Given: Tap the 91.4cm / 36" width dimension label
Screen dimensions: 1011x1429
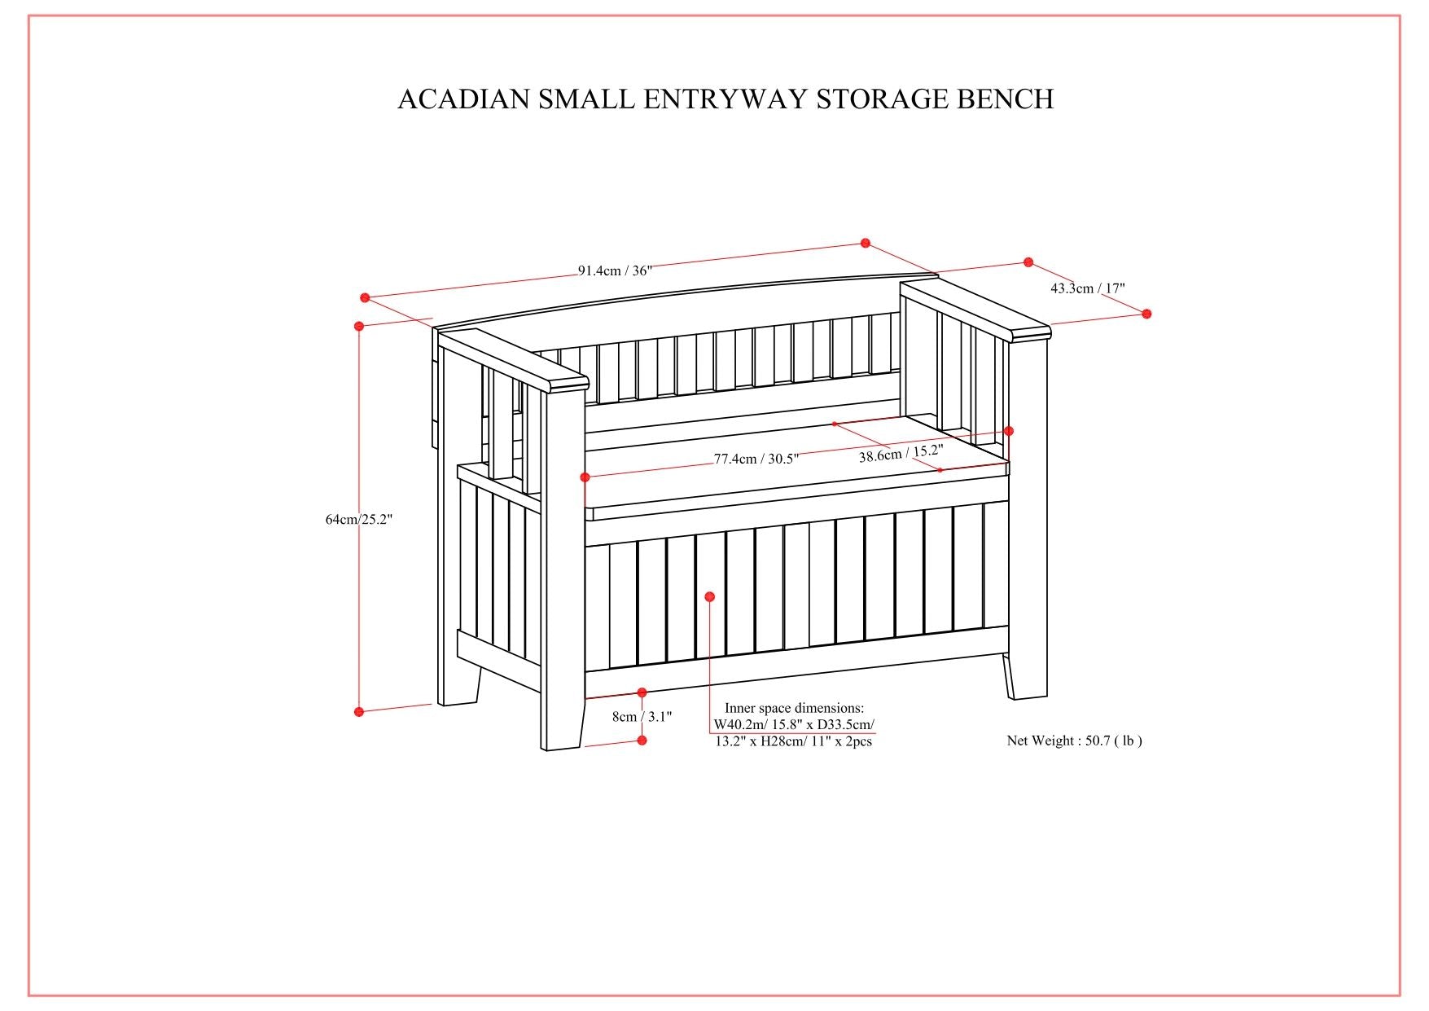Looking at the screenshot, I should click(615, 270).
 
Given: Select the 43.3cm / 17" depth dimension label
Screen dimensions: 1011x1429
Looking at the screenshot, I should click(1087, 288).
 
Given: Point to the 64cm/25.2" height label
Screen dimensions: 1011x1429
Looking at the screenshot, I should click(359, 519).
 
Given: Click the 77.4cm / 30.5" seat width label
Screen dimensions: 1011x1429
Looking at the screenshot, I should click(756, 459).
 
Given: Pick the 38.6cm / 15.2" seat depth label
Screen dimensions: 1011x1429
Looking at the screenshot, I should click(901, 453).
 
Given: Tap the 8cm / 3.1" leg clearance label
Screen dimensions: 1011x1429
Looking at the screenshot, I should click(642, 717).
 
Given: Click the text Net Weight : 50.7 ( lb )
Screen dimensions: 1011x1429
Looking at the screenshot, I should click(1074, 741).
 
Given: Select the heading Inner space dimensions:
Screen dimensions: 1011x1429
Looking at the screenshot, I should click(794, 708).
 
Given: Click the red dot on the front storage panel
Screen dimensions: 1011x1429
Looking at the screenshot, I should click(709, 597).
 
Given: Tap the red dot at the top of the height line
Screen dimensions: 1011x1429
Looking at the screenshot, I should click(359, 326).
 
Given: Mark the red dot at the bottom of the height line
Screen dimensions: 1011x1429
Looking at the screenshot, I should click(359, 711).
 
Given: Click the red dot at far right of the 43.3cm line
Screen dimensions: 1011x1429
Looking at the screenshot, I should click(1146, 314).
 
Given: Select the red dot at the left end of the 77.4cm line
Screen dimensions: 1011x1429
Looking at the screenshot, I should click(585, 477).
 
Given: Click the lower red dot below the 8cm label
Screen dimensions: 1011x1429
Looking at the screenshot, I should click(642, 740).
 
